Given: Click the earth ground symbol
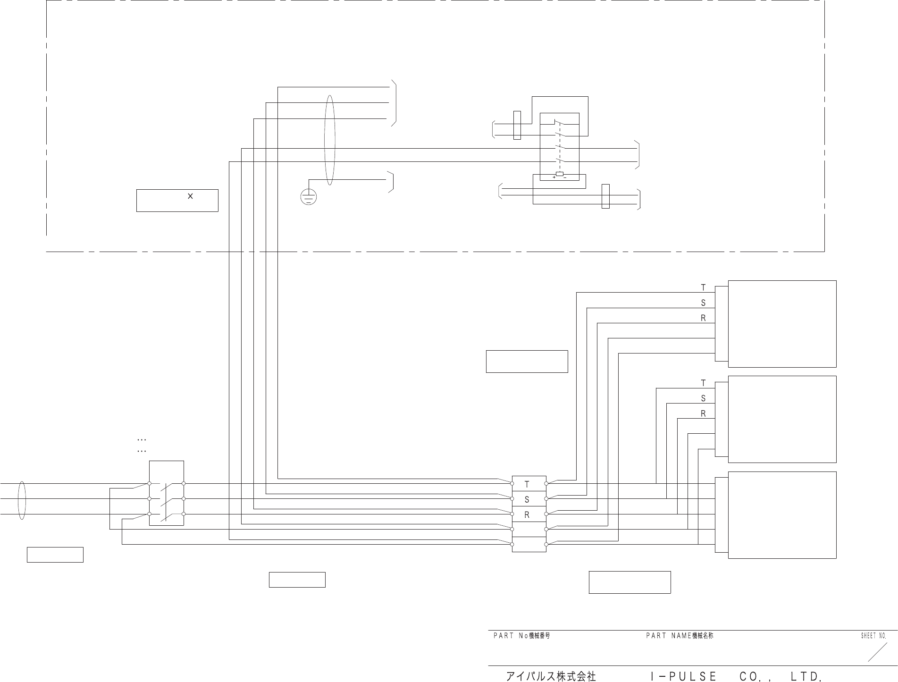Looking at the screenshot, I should (308, 197).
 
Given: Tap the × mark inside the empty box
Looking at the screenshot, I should (190, 196).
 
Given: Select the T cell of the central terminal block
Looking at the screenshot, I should (527, 484).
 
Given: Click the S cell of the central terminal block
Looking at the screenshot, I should (527, 499).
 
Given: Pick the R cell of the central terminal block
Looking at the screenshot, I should (527, 515).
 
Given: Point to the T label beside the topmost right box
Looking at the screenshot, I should (703, 287).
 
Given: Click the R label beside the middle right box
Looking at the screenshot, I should (703, 414).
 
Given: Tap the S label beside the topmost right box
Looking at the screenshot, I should (703, 303).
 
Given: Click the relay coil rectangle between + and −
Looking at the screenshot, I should (560, 174).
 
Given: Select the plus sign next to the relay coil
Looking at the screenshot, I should (554, 177).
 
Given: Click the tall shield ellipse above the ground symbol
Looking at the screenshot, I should (330, 140).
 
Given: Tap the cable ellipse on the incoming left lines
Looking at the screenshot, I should (21, 500).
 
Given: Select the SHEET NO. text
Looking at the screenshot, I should (873, 636).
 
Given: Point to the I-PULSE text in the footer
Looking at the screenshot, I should (683, 676).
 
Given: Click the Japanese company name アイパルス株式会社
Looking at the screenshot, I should (551, 676).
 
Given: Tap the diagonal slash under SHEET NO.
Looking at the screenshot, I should (877, 652).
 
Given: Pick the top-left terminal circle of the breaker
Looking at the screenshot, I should (150, 483).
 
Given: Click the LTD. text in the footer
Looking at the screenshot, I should (807, 676).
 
